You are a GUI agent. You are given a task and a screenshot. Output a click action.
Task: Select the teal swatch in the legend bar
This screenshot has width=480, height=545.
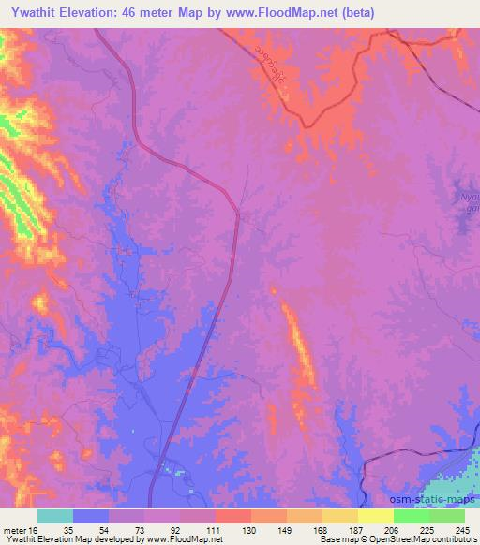(55, 517)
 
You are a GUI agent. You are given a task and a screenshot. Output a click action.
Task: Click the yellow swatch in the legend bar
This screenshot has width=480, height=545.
(375, 517)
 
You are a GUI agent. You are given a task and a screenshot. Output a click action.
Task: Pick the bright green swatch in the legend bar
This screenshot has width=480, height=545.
(411, 517)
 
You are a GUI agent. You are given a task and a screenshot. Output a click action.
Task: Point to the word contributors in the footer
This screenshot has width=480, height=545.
(452, 538)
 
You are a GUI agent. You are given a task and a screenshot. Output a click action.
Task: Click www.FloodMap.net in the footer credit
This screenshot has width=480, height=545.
(193, 538)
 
